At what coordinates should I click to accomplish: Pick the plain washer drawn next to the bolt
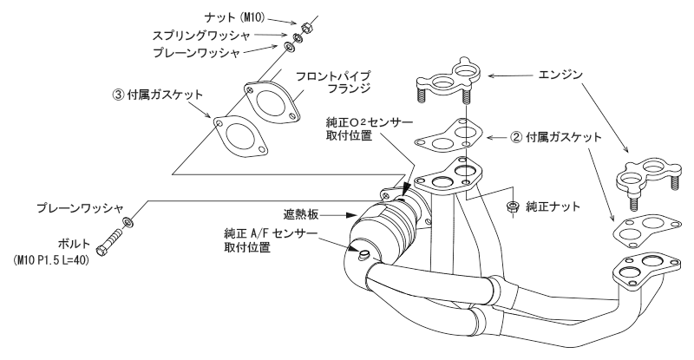click(128, 223)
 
